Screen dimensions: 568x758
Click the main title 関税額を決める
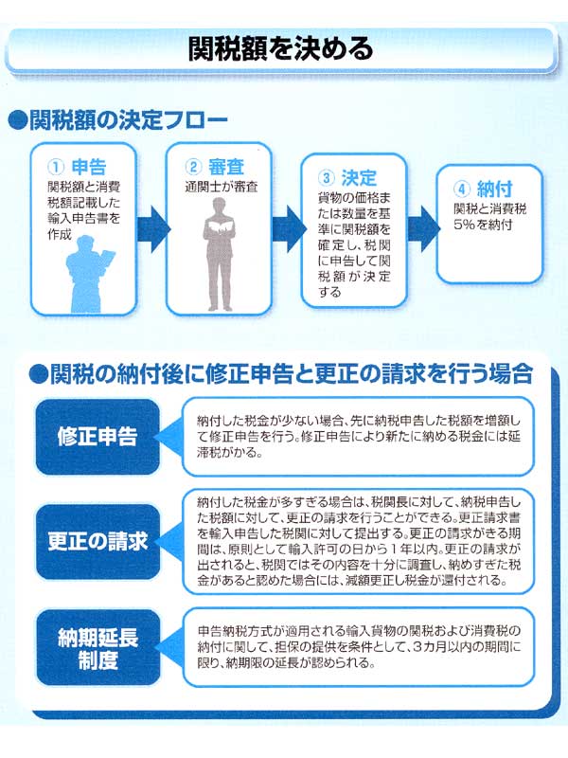(x=280, y=49)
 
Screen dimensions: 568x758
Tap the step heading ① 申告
(x=77, y=168)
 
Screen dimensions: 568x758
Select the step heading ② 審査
(x=215, y=167)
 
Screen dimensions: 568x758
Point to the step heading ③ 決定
(x=346, y=178)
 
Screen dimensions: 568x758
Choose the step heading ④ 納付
(x=483, y=189)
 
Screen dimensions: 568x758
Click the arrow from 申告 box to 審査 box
(x=153, y=228)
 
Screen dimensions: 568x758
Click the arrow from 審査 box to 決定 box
(x=289, y=228)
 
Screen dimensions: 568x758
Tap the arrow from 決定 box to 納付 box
(x=424, y=228)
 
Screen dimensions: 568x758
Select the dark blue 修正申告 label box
(x=98, y=437)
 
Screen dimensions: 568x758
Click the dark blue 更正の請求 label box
(x=98, y=541)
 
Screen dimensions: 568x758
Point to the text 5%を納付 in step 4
(x=483, y=225)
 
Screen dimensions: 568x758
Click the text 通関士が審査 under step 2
(x=222, y=187)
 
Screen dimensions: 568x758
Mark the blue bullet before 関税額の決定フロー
(x=17, y=121)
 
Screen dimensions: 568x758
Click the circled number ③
(x=326, y=178)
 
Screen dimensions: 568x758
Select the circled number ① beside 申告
(x=56, y=168)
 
